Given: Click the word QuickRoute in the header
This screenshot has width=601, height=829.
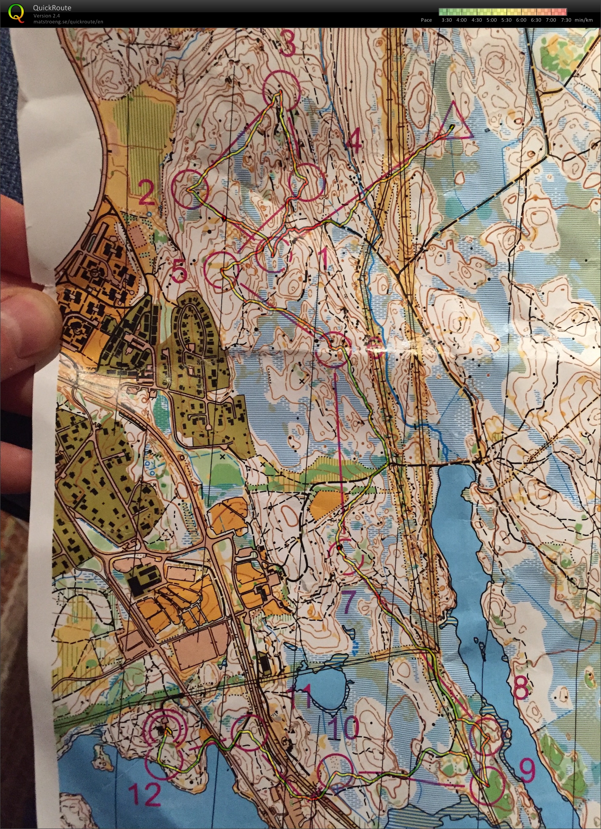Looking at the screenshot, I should (52, 8).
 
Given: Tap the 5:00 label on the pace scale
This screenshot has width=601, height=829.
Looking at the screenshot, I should (491, 20).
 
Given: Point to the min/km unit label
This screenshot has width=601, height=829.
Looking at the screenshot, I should (584, 20).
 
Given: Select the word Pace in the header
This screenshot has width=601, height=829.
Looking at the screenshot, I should (426, 20).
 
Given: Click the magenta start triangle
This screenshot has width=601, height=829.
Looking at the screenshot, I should (455, 122).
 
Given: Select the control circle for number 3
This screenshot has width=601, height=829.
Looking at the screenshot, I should (281, 90).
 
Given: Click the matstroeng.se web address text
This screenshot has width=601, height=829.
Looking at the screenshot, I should (68, 22).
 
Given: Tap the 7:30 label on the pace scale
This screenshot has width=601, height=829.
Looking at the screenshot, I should (565, 20).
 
